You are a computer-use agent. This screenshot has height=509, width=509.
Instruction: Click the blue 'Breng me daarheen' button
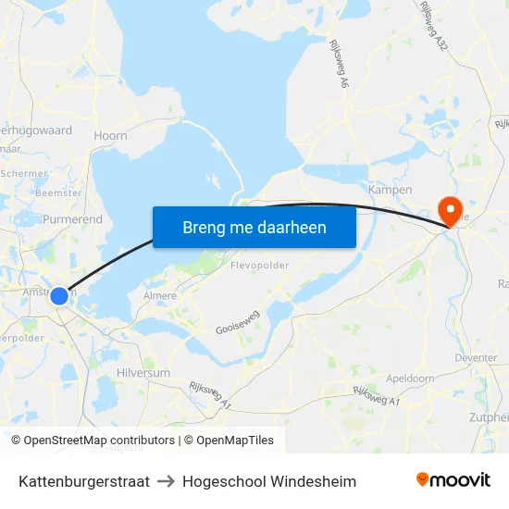pyautogui.click(x=254, y=227)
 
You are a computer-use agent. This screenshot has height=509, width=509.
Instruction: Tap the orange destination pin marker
pyautogui.click(x=453, y=211)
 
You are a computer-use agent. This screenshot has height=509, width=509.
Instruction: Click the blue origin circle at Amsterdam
pyautogui.click(x=59, y=296)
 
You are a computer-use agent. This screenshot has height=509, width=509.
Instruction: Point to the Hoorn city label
pyautogui.click(x=110, y=135)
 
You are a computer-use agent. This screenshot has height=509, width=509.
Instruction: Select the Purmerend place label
pyautogui.click(x=72, y=219)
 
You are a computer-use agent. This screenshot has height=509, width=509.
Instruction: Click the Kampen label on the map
pyautogui.click(x=390, y=190)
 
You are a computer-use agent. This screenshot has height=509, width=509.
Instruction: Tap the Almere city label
pyautogui.click(x=160, y=296)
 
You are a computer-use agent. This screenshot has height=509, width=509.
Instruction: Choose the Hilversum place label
pyautogui.click(x=143, y=372)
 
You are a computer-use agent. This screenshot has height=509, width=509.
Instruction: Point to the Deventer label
pyautogui.click(x=477, y=357)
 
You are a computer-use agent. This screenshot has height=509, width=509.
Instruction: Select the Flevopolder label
pyautogui.click(x=259, y=265)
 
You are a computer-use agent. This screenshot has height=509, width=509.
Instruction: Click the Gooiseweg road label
pyautogui.click(x=237, y=322)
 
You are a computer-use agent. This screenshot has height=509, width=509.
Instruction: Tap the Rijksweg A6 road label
pyautogui.click(x=338, y=65)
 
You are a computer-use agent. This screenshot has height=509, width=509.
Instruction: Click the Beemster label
pyautogui.click(x=57, y=192)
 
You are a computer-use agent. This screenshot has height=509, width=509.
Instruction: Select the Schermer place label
pyautogui.click(x=24, y=173)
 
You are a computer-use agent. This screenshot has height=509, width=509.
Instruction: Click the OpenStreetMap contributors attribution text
pyautogui.click(x=99, y=441)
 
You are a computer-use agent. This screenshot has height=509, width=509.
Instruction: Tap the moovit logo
pyautogui.click(x=453, y=480)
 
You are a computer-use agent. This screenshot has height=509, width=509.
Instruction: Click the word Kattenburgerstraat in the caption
pyautogui.click(x=84, y=481)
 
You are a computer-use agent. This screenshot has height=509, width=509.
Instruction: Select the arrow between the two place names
pyautogui.click(x=166, y=481)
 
